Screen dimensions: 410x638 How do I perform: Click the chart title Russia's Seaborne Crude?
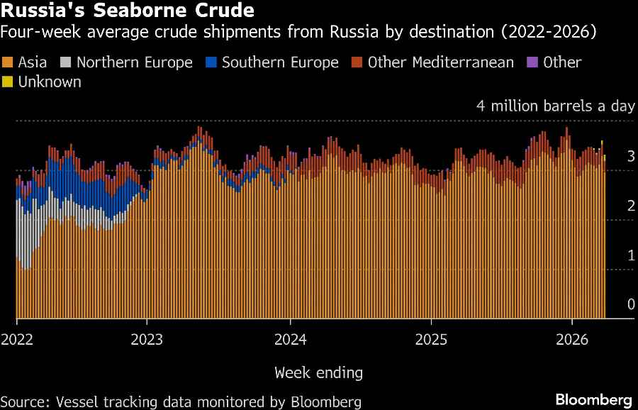(x=128, y=11)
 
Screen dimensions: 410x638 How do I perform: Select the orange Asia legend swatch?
(x=8, y=62)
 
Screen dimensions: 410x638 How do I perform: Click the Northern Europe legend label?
(x=135, y=62)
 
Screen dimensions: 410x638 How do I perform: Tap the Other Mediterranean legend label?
(x=440, y=62)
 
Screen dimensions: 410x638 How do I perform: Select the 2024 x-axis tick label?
(x=291, y=340)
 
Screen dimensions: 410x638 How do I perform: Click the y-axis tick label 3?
(x=630, y=156)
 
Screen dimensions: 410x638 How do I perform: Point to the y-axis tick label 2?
(x=630, y=206)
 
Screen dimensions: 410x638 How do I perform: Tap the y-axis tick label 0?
(x=630, y=304)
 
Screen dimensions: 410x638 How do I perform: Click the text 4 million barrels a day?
(x=555, y=106)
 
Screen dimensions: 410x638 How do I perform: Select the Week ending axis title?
(x=318, y=372)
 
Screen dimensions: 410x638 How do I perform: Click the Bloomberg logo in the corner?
(x=593, y=399)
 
